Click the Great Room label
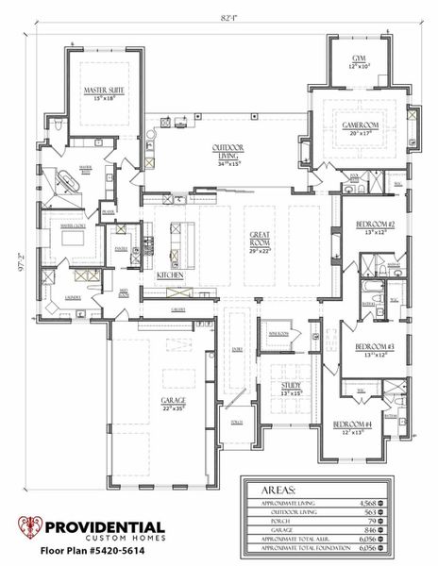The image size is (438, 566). click(x=261, y=238)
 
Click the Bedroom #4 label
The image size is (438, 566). click(x=350, y=425)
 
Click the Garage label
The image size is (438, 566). click(x=173, y=401)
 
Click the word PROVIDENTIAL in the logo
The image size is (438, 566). click(x=104, y=528)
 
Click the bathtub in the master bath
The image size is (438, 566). click(x=72, y=181)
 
